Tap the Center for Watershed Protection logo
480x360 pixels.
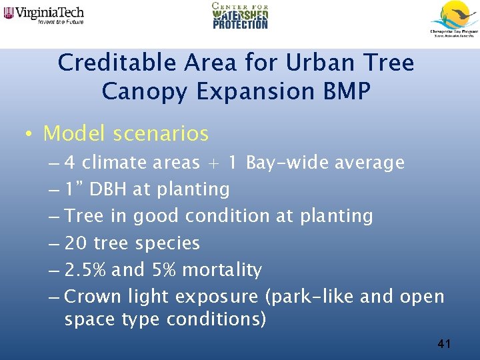[240, 15]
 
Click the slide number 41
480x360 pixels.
[445, 344]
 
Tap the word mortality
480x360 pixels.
[221, 270]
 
